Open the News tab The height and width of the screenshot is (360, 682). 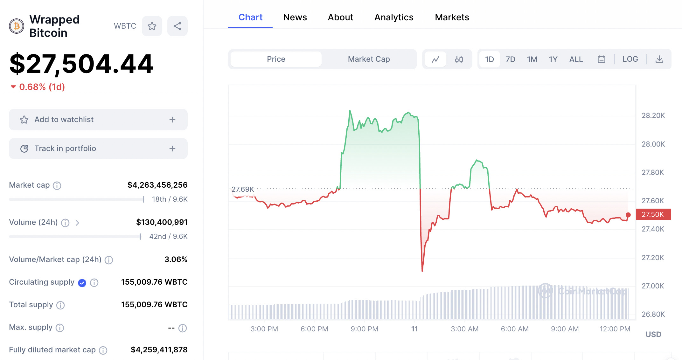tap(295, 17)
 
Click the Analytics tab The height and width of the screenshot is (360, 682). tap(393, 17)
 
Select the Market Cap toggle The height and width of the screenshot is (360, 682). tap(369, 59)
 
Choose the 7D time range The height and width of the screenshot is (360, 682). tap(510, 59)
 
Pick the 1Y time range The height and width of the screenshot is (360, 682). tap(553, 59)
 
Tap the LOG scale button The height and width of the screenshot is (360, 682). tap(630, 59)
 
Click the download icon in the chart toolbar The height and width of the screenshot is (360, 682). tap(659, 59)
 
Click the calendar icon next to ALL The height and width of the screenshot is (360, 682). tap(601, 59)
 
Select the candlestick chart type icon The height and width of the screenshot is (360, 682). tap(459, 59)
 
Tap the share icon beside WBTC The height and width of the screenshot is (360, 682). tap(177, 26)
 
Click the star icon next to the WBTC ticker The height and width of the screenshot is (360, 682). tap(152, 26)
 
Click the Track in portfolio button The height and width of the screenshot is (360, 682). tap(98, 149)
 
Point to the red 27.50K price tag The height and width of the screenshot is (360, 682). tap(653, 214)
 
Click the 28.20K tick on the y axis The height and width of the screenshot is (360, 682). tap(653, 115)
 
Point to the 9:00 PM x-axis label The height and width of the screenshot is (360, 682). tap(364, 329)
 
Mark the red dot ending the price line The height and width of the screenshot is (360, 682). tap(628, 215)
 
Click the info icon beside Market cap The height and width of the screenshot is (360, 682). tap(57, 185)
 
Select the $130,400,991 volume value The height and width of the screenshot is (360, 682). tap(162, 222)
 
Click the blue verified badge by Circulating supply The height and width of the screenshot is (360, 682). tap(82, 283)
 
